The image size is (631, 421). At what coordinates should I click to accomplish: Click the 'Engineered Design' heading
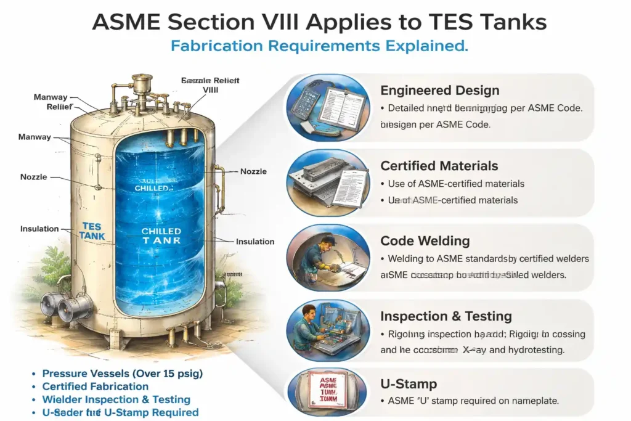pos(439,91)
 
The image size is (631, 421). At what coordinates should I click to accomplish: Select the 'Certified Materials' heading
pos(439,166)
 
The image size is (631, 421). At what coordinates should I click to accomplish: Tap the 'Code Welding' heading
pos(425,241)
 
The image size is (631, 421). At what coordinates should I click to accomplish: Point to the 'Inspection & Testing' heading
pos(446,316)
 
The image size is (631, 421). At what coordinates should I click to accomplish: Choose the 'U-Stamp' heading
pos(409,384)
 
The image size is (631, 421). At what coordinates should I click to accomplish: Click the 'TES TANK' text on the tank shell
pos(92,231)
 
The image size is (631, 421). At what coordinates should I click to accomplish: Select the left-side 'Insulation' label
pos(39,229)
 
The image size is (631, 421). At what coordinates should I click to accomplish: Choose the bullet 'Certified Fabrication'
pos(95,386)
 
